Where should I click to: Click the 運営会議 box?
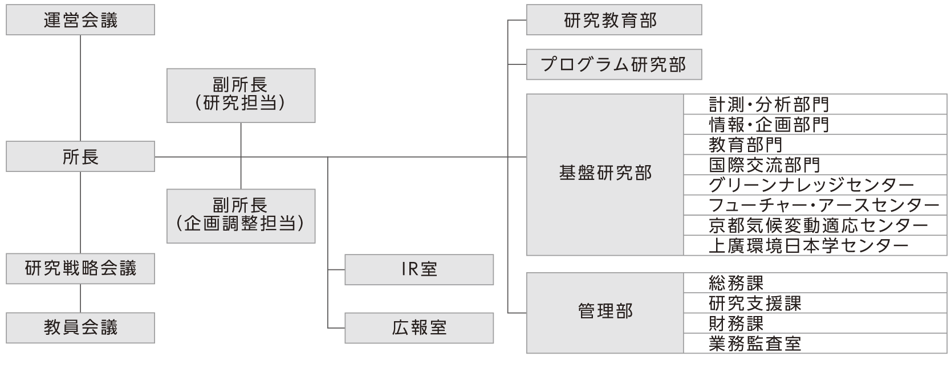point(80,20)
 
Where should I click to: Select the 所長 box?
point(80,157)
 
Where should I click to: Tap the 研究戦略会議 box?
point(80,269)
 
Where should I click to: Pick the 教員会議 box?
point(80,328)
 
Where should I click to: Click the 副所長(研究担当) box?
point(241,95)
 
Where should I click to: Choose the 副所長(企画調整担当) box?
point(241,216)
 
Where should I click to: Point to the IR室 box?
point(419,269)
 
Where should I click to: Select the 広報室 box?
point(419,328)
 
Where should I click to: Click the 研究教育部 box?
point(613,20)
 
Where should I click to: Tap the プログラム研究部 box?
point(613,64)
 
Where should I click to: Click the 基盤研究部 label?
point(605,174)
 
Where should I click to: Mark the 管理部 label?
point(605,312)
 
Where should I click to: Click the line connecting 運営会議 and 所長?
point(80,88)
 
